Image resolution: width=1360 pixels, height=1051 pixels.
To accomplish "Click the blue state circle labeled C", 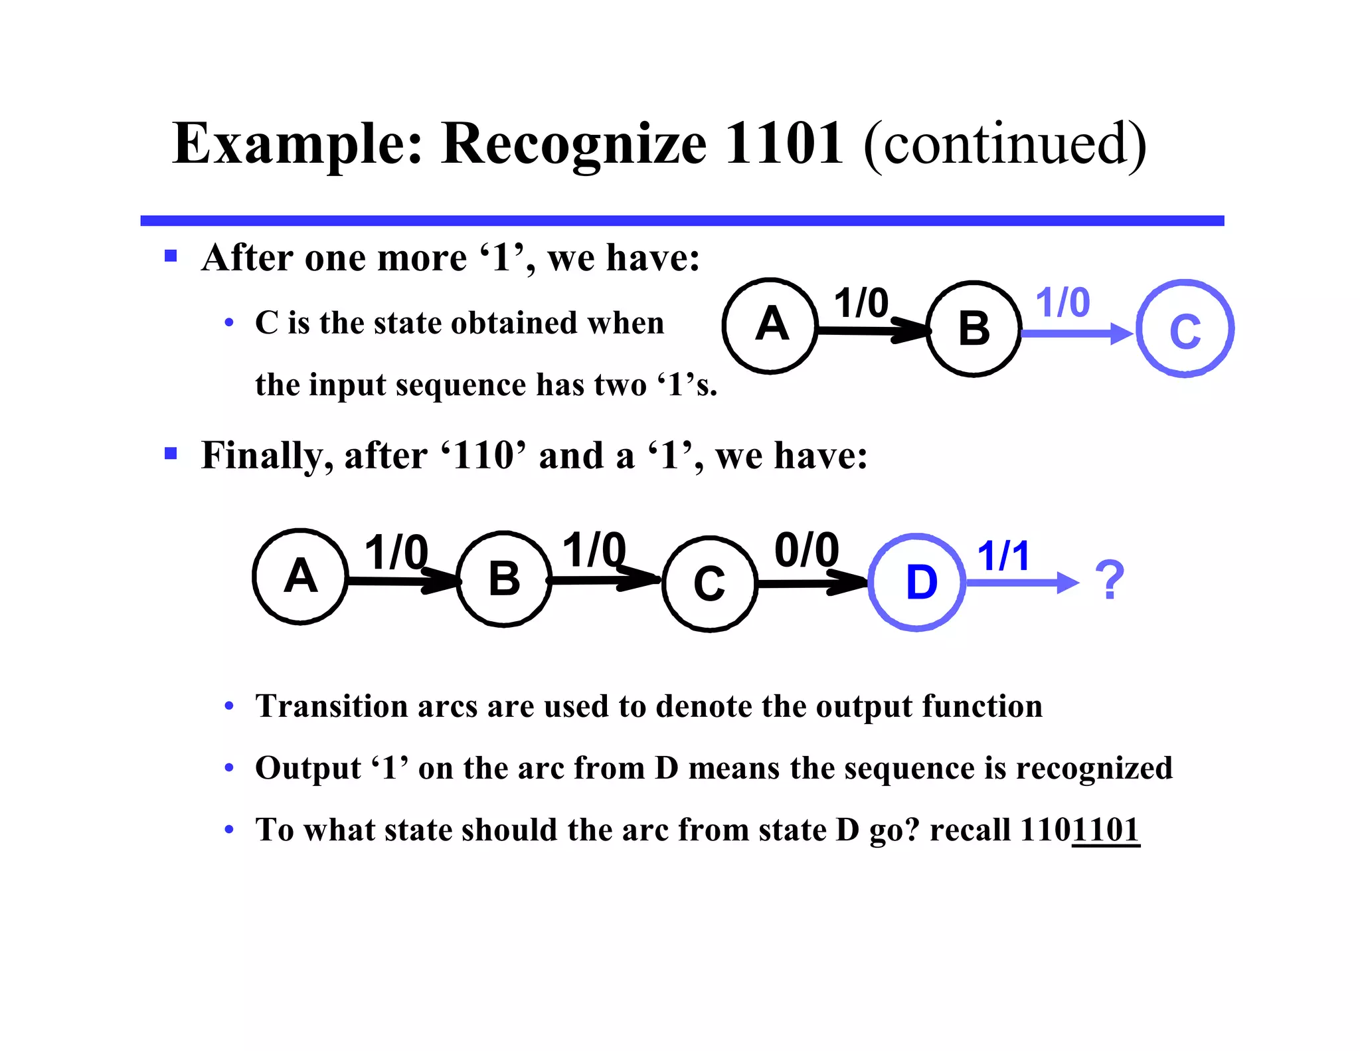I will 1185,329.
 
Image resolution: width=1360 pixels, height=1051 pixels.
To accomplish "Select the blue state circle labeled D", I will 917,582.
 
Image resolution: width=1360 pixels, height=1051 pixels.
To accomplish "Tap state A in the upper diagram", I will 770,326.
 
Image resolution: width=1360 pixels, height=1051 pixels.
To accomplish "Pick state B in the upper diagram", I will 974,329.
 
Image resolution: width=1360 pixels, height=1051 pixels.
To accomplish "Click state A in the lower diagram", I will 300,577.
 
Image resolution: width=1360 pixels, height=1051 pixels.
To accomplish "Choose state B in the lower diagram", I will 504,579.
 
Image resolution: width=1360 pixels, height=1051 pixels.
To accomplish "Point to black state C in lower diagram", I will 709,583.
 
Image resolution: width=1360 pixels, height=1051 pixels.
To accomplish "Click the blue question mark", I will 1109,580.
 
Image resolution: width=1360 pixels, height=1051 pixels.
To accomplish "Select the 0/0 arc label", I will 807,550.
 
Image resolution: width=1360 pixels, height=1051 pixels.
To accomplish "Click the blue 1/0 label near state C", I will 1062,303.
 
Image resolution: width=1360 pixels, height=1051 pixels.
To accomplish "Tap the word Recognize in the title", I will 573,144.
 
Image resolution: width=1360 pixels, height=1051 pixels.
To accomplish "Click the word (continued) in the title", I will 1005,144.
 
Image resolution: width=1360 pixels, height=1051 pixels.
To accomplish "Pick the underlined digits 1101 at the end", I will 1106,830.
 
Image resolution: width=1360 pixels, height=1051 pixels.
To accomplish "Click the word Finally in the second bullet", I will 263,456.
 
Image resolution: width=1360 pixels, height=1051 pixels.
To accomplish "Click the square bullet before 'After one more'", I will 171,256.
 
